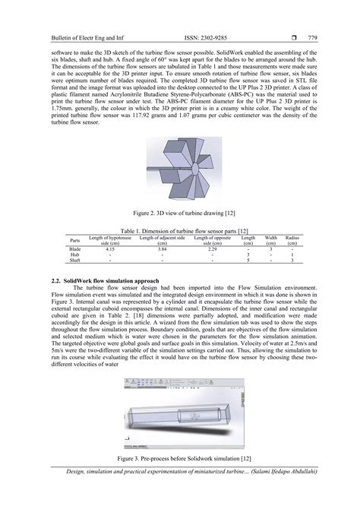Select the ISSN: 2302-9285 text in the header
(x=188, y=36)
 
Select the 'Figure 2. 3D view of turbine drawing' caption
(x=180, y=217)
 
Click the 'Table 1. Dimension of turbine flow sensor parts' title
(x=180, y=231)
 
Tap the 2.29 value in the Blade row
(x=213, y=248)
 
